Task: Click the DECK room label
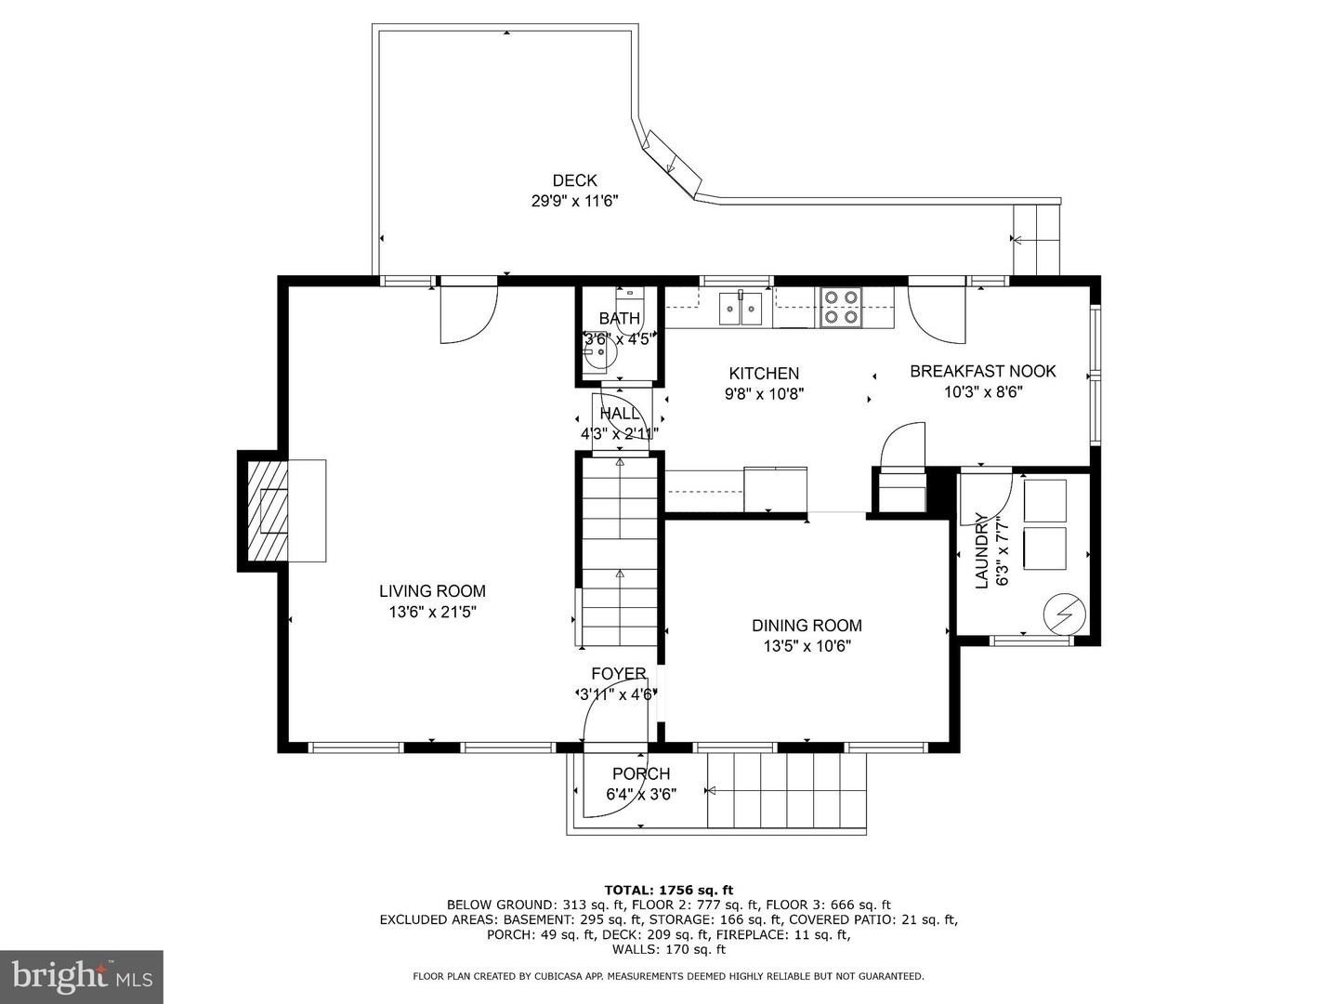click(574, 180)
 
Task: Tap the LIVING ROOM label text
click(432, 590)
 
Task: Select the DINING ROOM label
click(807, 626)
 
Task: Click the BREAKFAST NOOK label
click(982, 371)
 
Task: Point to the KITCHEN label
click(764, 373)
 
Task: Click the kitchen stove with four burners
click(840, 307)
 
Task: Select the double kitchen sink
click(741, 308)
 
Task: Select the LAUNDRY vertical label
click(981, 550)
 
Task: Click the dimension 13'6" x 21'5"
click(432, 613)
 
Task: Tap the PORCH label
click(640, 773)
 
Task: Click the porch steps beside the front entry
click(786, 790)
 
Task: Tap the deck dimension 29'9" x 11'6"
click(574, 201)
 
